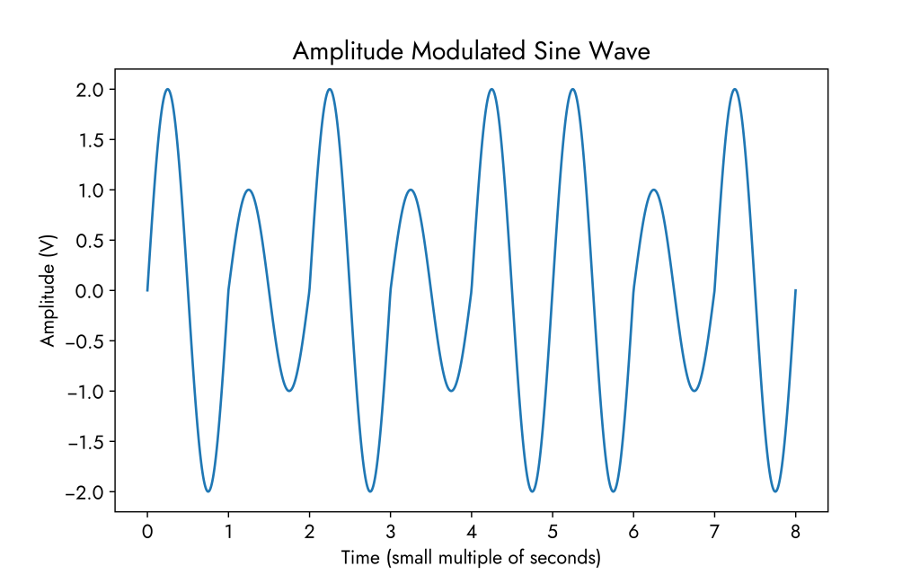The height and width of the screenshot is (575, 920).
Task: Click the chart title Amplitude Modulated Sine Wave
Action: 471,52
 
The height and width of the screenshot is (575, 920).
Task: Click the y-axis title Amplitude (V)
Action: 48,290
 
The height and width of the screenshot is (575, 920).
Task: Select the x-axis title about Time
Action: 471,558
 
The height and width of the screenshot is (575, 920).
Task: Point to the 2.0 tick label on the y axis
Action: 91,90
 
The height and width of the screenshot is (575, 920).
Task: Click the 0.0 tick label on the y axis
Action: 91,291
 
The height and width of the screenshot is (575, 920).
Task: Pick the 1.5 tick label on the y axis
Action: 91,140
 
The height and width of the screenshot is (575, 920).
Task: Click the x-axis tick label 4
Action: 472,531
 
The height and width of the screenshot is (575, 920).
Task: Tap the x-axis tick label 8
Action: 795,531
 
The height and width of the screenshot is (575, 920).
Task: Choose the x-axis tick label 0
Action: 147,531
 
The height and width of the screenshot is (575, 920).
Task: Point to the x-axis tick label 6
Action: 633,531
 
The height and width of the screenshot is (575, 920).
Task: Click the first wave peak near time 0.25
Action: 168,89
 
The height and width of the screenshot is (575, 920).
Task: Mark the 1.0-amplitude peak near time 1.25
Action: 249,190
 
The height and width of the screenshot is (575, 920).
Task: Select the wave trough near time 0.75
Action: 208,491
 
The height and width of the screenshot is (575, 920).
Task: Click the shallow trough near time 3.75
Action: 451,391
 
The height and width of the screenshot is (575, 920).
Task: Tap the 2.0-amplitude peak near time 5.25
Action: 572,89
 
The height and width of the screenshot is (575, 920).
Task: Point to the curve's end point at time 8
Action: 795,290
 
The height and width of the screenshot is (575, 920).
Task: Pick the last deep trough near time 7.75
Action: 775,491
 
